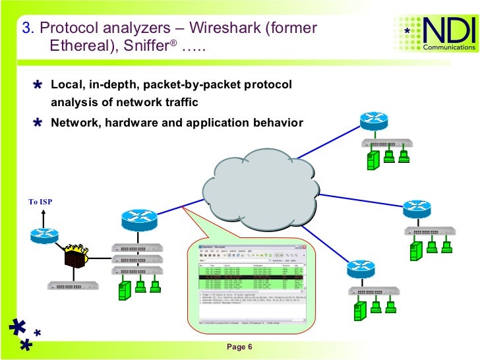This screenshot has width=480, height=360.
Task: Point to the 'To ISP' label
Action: click(40, 202)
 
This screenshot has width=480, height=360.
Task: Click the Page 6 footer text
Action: click(239, 347)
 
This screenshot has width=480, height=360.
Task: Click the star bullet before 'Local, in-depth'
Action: click(39, 86)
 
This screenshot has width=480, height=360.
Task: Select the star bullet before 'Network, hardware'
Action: click(39, 123)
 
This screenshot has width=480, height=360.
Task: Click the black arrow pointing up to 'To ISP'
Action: click(43, 216)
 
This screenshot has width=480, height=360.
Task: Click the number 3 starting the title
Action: click(26, 28)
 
